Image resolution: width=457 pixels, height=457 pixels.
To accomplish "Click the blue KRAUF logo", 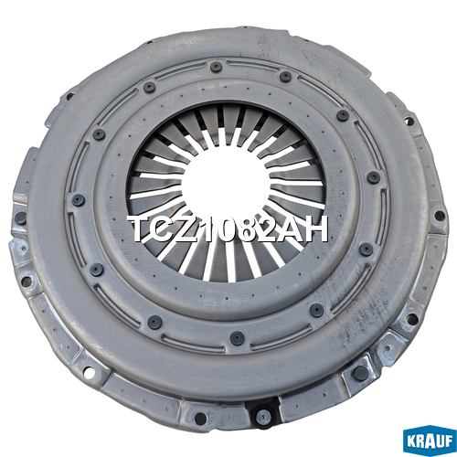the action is coord(430,440).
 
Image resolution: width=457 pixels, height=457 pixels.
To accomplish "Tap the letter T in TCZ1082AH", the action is coord(141,228).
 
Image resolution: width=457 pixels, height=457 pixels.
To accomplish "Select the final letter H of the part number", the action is coord(316,228).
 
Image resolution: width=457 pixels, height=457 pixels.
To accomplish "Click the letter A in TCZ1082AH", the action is coord(294,228).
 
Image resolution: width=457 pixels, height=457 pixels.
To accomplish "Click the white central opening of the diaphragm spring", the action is coord(226,184).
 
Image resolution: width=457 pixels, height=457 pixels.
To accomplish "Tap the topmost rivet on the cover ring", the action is coord(216,67).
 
